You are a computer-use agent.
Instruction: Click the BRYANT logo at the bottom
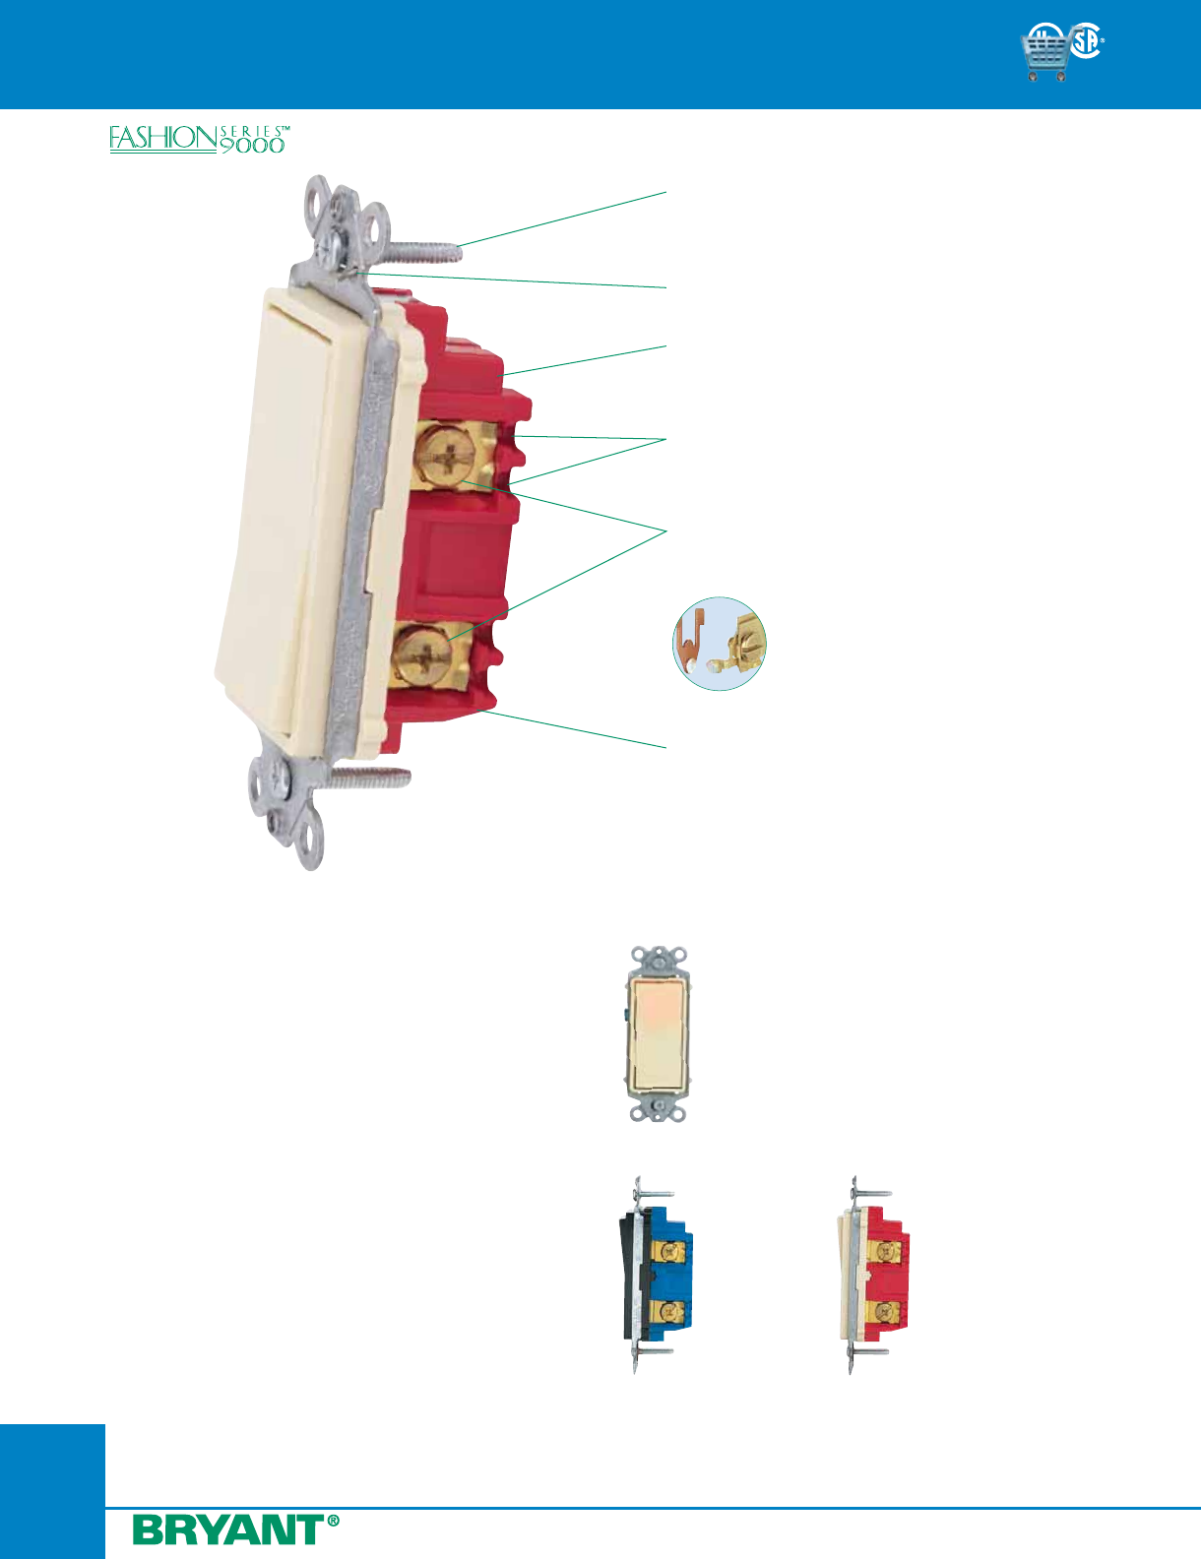228,1529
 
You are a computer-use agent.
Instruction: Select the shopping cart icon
1046,54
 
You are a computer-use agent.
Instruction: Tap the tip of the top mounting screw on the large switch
455,250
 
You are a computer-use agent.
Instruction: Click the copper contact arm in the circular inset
694,640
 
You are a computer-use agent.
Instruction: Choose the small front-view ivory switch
658,1034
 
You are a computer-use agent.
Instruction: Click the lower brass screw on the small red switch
888,1312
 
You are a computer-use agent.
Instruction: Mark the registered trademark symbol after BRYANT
333,1521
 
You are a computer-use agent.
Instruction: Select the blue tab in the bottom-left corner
52,1490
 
